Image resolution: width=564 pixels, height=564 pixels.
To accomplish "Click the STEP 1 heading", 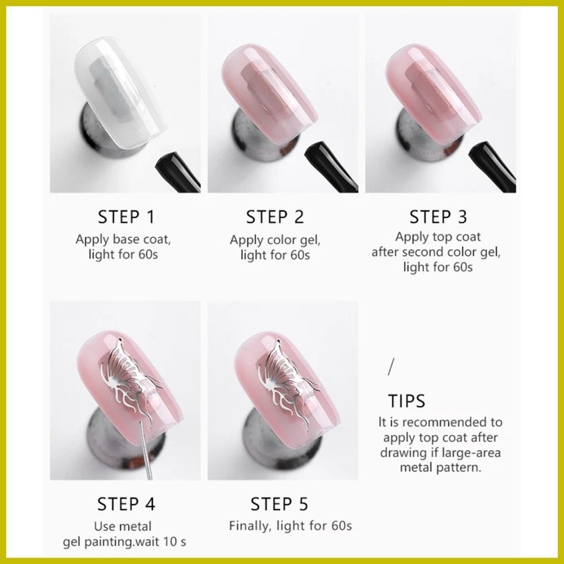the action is (126, 217).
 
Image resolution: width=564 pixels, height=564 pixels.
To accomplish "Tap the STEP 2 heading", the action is (275, 217).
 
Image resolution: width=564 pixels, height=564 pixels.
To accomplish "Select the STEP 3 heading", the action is (438, 217).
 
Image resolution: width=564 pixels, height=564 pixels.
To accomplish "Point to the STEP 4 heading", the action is (126, 504).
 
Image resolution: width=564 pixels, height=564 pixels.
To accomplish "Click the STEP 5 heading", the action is (279, 504).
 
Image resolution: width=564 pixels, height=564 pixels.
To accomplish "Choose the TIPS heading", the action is (407, 401).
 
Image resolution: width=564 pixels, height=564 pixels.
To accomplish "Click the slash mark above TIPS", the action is (392, 367).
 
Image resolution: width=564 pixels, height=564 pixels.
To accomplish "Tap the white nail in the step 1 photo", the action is (121, 92).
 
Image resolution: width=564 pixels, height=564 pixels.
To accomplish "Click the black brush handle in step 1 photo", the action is (178, 172).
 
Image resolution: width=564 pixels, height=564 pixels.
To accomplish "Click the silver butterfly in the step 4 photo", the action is (130, 378).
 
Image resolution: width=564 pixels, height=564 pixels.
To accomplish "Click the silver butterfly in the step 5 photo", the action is (288, 381).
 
